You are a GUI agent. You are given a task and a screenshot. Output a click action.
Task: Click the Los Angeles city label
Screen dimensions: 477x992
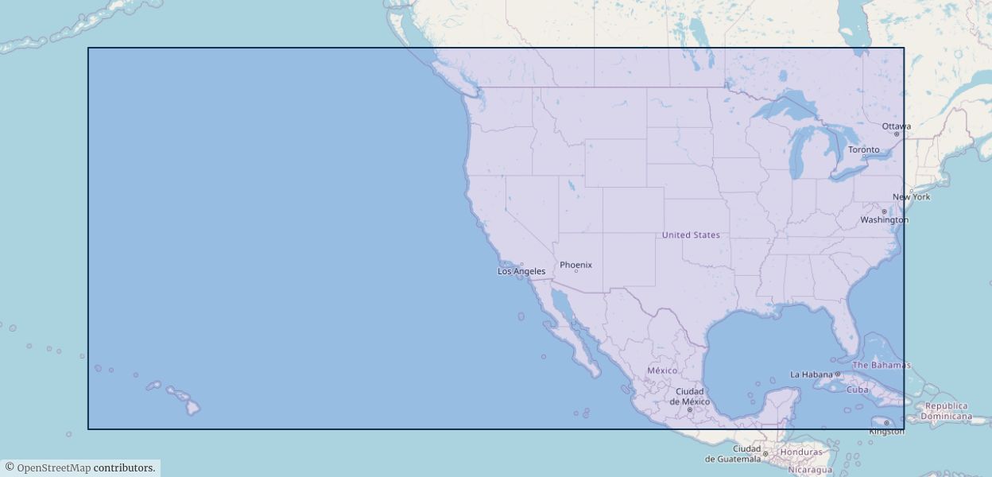pos(521,271)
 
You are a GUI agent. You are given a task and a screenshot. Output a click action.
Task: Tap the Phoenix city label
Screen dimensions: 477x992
pos(575,265)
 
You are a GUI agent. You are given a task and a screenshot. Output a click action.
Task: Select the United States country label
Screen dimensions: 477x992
pos(691,235)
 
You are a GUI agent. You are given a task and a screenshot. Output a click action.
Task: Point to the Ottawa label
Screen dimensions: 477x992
pos(896,126)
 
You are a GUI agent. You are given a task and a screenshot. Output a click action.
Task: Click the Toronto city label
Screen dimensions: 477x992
pos(863,149)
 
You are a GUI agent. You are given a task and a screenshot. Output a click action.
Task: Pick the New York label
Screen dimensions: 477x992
pos(911,196)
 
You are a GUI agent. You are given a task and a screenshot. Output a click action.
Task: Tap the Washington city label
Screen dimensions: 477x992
pos(884,219)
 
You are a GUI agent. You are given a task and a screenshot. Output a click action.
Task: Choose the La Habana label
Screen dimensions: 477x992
pos(810,374)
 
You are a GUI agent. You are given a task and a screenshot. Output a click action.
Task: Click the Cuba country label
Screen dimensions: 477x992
pos(858,390)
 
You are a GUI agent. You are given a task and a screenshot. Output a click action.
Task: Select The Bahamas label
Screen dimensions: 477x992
pos(881,365)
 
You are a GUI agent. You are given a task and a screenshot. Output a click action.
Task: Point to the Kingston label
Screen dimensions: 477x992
pos(886,431)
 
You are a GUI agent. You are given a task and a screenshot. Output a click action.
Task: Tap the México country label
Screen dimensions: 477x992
pos(662,370)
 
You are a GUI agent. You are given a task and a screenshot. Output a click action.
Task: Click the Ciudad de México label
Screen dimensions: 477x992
pos(689,396)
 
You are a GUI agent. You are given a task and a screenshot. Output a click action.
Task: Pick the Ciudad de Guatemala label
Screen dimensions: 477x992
pos(733,454)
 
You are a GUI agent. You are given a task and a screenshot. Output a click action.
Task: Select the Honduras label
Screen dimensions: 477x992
pos(801,452)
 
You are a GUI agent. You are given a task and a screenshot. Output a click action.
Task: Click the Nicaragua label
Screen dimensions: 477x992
pos(810,469)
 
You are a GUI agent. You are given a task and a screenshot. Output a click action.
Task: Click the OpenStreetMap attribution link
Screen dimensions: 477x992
pos(53,467)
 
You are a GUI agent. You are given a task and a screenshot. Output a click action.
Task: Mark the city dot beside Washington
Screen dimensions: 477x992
pos(884,211)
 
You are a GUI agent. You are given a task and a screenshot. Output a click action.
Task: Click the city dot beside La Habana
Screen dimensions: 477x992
pos(837,374)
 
